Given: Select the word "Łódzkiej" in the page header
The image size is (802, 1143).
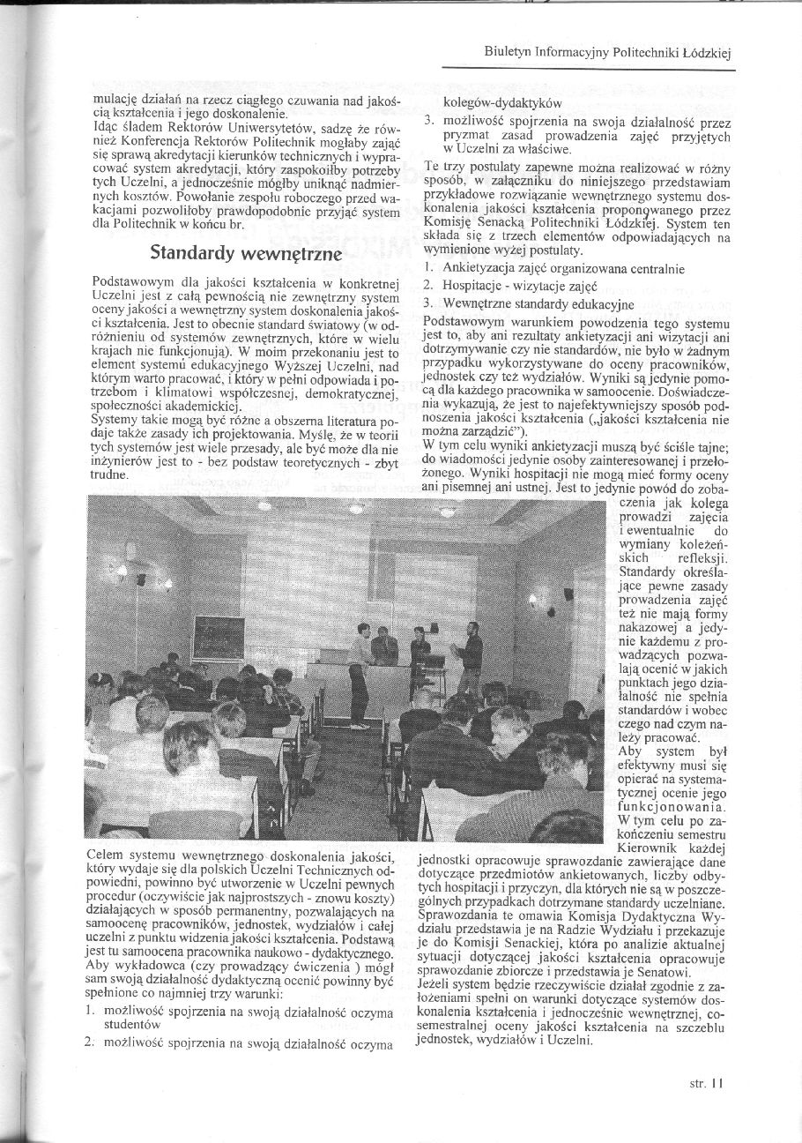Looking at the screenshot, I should coord(710,54).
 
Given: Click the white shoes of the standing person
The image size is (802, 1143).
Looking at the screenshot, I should coord(358,727).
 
